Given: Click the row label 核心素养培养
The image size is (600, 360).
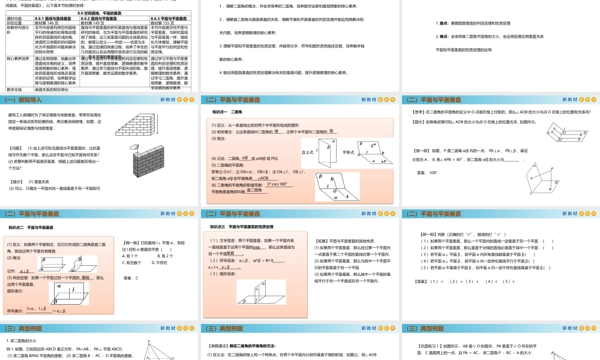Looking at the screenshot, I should tap(18, 58).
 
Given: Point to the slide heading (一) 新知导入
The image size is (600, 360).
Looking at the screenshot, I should tap(27, 100).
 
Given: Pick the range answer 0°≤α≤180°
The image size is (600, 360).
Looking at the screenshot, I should tap(281, 184).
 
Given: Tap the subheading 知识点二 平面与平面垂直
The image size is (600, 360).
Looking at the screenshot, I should tap(32, 227).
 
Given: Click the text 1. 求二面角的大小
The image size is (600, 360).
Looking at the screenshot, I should tap(22, 341).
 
